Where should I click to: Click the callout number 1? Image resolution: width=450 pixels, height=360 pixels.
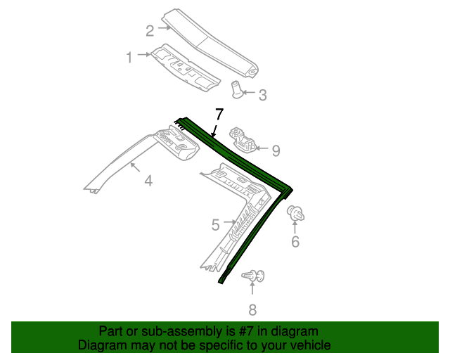129,58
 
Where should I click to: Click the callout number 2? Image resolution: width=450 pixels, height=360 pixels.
150,30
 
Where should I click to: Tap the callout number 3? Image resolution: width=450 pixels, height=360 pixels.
262,95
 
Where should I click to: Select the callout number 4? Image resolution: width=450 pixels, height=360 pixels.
148,181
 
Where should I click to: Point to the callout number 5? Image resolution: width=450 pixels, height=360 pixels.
216,225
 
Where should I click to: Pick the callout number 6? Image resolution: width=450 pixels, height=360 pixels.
295,242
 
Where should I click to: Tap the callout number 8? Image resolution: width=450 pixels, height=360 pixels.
252,309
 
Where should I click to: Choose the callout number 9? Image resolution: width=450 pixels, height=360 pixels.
276,150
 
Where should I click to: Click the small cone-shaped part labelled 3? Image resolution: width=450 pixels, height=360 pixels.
238,89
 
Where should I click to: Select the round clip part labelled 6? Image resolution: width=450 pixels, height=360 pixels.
295,212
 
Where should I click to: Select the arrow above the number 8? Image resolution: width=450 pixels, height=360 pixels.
252,291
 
